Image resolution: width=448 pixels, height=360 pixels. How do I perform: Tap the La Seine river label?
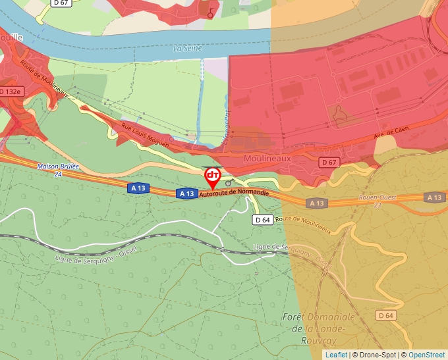(x=187, y=49)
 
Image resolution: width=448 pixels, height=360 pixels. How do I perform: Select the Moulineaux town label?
(x=267, y=159)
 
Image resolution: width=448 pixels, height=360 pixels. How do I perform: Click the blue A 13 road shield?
(x=186, y=193)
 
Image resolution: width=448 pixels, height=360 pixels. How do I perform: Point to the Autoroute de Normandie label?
(x=234, y=192)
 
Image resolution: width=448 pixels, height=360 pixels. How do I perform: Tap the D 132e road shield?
(x=11, y=91)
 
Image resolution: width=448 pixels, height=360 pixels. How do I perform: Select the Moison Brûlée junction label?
(x=58, y=167)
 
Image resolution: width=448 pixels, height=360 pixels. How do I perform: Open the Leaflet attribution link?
(x=336, y=355)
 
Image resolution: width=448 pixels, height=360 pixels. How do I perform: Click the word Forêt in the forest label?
(x=295, y=317)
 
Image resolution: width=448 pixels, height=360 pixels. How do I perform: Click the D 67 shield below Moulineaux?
(x=329, y=162)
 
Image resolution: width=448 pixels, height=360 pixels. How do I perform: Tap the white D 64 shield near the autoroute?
(x=262, y=220)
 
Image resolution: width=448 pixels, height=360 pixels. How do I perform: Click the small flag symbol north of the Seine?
(x=210, y=13)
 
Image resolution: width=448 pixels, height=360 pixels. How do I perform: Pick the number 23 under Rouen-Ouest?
(x=378, y=205)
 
